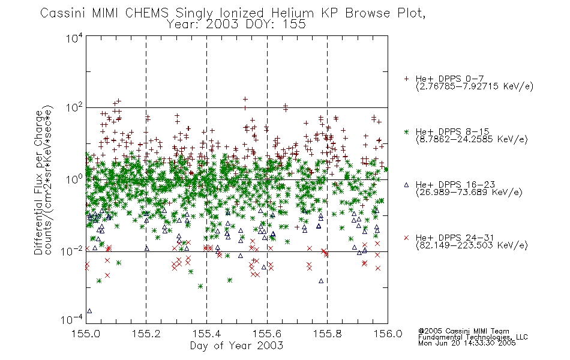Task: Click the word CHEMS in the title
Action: [x=147, y=13]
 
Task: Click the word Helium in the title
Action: [x=292, y=13]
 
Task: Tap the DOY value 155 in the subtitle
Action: [x=295, y=24]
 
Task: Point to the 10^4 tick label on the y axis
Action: [x=74, y=38]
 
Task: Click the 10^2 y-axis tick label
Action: [x=74, y=108]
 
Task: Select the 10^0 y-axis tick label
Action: [x=74, y=179]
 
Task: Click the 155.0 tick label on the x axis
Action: [x=86, y=334]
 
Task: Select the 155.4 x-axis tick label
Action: [x=206, y=334]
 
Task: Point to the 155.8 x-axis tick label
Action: [x=327, y=334]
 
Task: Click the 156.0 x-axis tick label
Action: [x=388, y=334]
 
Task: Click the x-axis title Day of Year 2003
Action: [x=236, y=346]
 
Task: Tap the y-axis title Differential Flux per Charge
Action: [x=38, y=182]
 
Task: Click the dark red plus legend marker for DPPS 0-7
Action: [x=406, y=79]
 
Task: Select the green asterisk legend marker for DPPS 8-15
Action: [x=406, y=131]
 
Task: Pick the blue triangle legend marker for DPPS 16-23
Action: [x=406, y=185]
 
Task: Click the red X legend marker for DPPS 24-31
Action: [x=406, y=238]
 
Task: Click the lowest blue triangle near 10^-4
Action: [x=89, y=311]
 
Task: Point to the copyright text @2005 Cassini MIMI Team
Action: [x=463, y=331]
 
